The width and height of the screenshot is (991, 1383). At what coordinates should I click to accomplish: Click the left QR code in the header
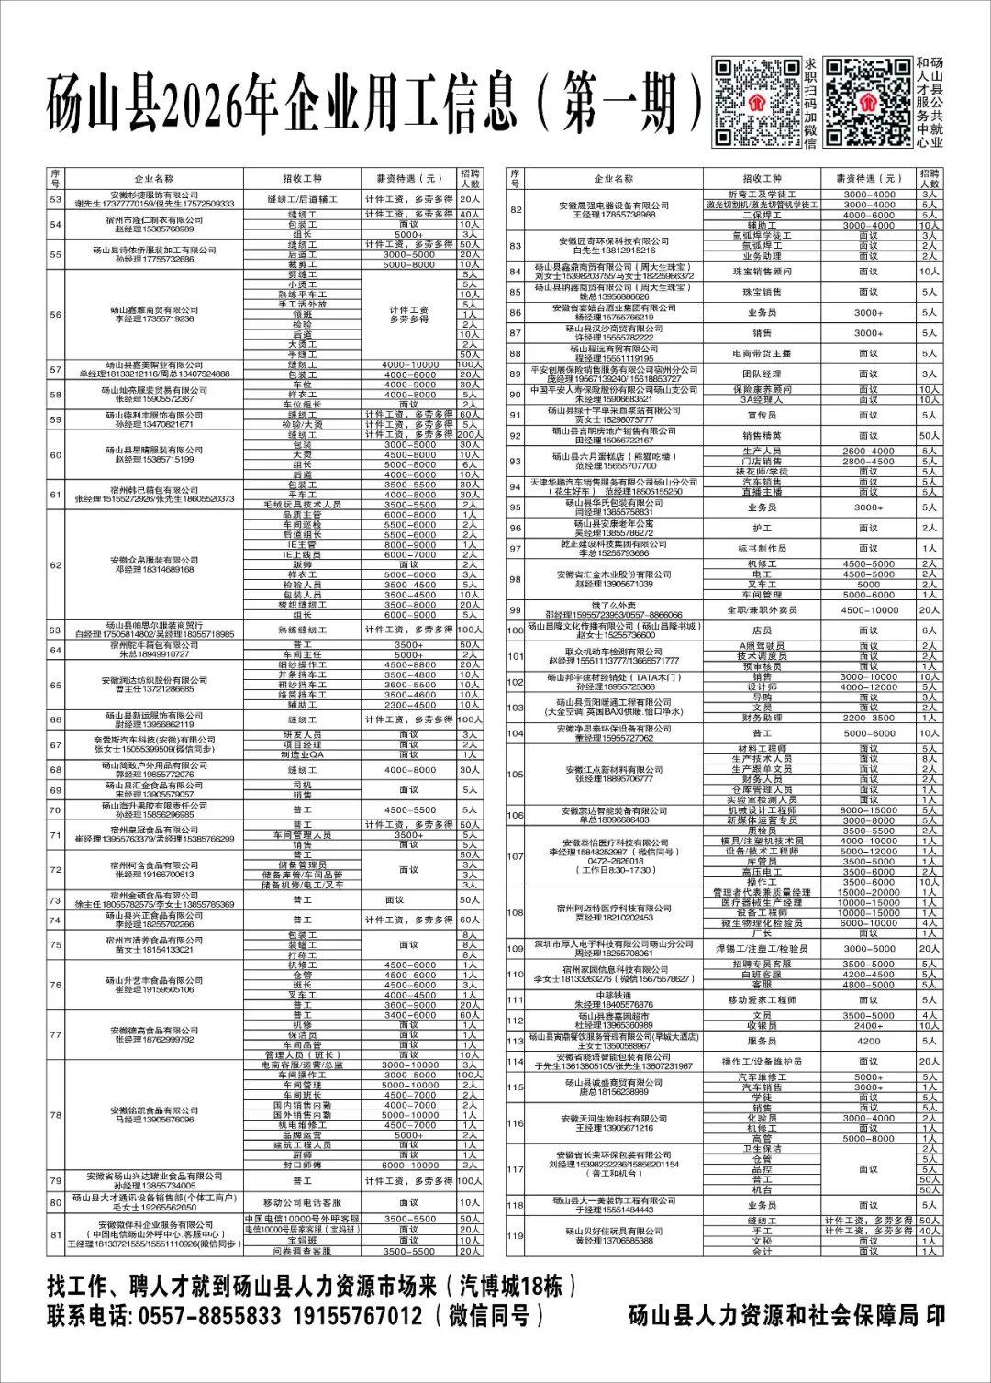[757, 102]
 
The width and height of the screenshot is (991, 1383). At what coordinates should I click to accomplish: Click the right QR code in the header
[867, 102]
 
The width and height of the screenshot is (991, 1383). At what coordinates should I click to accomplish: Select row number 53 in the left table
[56, 199]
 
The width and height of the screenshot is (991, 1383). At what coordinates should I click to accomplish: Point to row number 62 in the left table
[56, 564]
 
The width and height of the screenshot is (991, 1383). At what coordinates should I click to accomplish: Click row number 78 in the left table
[56, 1115]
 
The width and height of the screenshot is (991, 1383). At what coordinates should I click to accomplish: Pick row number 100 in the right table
[516, 630]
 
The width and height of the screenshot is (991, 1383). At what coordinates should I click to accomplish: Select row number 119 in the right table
[516, 1235]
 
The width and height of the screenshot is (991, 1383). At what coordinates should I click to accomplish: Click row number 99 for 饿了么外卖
[516, 609]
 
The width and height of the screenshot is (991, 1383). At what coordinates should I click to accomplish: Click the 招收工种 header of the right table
[763, 179]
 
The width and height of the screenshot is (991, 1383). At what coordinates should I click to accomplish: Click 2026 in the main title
[220, 104]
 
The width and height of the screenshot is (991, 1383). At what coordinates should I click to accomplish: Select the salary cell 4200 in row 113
[868, 1041]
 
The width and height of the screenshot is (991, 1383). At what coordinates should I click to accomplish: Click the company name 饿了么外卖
[614, 605]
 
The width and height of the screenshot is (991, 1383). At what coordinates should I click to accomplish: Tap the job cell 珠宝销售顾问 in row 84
[763, 272]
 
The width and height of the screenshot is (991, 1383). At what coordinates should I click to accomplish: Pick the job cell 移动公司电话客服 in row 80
[302, 1202]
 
